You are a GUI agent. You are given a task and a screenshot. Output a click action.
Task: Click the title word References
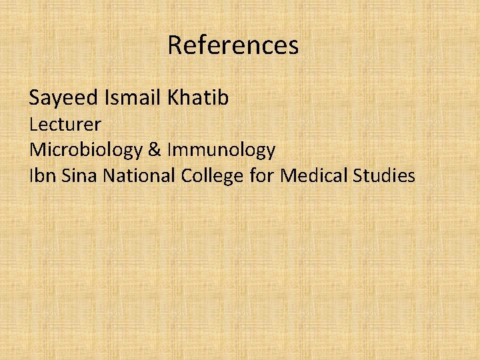pyautogui.click(x=233, y=45)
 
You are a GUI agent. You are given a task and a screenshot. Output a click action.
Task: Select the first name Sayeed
pyautogui.click(x=64, y=99)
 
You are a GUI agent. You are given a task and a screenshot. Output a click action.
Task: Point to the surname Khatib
pyautogui.click(x=199, y=98)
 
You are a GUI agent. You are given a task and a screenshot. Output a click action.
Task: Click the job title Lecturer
pyautogui.click(x=65, y=124)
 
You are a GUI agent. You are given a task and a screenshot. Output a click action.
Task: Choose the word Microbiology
pyautogui.click(x=85, y=151)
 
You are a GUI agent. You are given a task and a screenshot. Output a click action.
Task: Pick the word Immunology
pyautogui.click(x=221, y=151)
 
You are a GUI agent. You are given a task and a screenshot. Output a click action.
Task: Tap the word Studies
pyautogui.click(x=385, y=176)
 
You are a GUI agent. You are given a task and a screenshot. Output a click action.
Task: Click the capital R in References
pyautogui.click(x=175, y=45)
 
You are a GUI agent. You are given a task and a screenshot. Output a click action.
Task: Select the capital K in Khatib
pyautogui.click(x=175, y=98)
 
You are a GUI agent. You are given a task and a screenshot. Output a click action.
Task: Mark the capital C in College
pyautogui.click(x=187, y=176)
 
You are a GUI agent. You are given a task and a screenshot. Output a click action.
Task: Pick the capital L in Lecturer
pyautogui.click(x=34, y=124)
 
